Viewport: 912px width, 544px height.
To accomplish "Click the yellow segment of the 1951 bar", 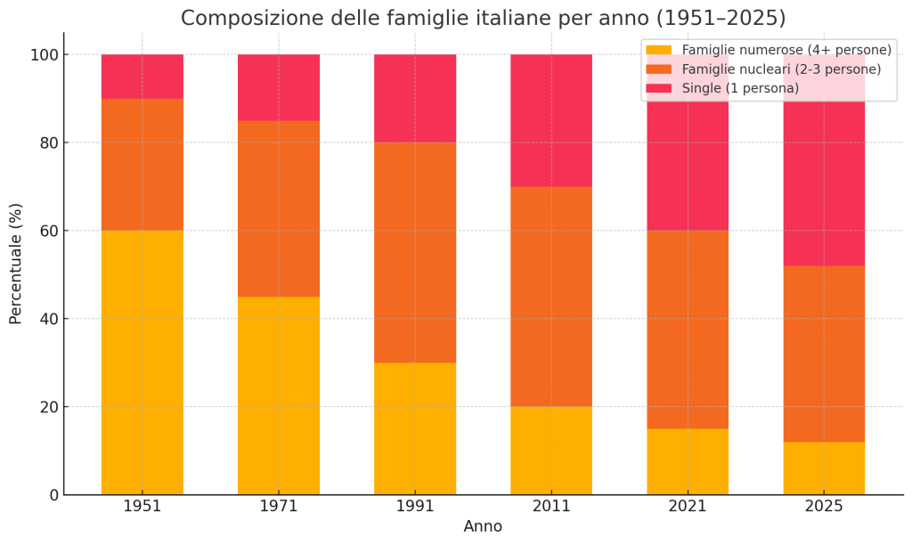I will [142, 362].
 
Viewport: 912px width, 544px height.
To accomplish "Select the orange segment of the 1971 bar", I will [279, 208].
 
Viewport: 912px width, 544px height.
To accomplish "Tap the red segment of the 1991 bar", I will [415, 98].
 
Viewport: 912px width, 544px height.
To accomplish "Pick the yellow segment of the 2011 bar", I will [551, 451].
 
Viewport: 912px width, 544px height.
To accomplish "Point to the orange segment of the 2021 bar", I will [688, 329].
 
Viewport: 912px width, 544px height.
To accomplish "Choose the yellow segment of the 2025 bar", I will [824, 468].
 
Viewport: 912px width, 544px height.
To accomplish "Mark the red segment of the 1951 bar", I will [142, 77].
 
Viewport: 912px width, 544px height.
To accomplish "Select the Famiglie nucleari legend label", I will [781, 69].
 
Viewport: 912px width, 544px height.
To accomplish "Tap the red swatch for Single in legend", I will [659, 88].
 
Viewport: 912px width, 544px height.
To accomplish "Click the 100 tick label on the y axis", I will [44, 55].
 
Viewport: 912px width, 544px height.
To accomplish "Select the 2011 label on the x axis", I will [551, 507].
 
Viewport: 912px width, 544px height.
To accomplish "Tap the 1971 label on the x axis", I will [279, 507].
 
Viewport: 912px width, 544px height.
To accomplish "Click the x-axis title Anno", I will [483, 526].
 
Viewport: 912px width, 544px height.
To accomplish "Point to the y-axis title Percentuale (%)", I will [16, 264].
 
